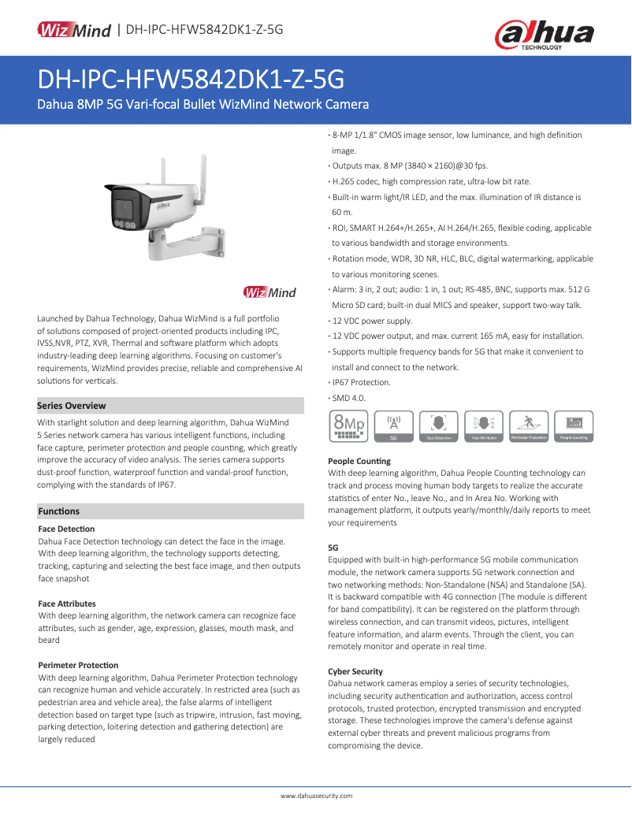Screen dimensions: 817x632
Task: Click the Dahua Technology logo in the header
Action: coord(544,35)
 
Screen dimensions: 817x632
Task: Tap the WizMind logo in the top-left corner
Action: coord(73,30)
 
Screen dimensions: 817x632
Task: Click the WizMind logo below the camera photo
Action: coord(270,293)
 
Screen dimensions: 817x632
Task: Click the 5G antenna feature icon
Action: coord(394,425)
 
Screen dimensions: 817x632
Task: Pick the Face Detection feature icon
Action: coord(439,425)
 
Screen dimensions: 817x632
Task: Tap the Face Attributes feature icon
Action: coord(484,425)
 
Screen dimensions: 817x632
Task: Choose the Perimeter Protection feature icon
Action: coord(529,425)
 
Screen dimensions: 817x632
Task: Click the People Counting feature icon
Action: coord(574,425)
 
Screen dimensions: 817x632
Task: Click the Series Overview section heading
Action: coord(72,406)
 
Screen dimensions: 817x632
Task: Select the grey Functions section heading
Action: coord(59,511)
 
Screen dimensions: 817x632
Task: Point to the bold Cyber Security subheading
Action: coord(355,671)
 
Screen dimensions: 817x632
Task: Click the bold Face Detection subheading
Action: coord(66,529)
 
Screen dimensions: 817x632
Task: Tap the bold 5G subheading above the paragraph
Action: coord(333,546)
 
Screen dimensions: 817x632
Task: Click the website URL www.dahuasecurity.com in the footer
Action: coord(316,796)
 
